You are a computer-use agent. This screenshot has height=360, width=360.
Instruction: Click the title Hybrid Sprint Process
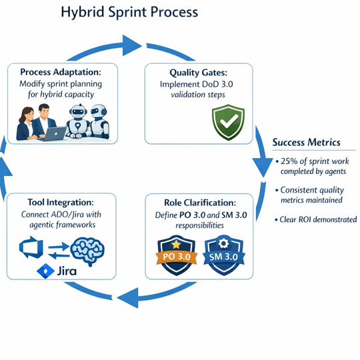tap(129, 13)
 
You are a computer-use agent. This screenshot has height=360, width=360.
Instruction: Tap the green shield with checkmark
tap(228, 122)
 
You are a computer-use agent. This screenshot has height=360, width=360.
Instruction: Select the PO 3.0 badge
tap(176, 255)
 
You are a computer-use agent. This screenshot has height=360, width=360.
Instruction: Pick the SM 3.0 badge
tap(224, 255)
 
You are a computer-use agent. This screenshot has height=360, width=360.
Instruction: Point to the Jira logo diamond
tap(45, 271)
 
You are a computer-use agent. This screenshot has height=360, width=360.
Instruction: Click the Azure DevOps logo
tap(31, 247)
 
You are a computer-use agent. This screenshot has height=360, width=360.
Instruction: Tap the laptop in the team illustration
tap(53, 133)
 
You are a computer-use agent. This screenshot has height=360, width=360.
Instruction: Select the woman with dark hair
tap(26, 123)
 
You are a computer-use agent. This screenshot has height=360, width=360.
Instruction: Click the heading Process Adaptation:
tap(61, 72)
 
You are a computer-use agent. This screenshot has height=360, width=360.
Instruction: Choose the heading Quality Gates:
tap(199, 73)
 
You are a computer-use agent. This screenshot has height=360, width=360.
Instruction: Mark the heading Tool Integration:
tap(61, 202)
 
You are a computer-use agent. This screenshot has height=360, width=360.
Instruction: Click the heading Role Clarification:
tap(200, 203)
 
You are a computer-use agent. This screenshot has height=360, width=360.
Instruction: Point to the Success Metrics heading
tap(306, 143)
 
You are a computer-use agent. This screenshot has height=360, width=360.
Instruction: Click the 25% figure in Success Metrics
tap(289, 161)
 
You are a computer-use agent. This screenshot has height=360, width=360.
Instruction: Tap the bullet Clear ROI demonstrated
tap(316, 220)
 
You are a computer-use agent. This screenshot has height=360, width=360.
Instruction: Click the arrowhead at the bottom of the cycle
tap(128, 297)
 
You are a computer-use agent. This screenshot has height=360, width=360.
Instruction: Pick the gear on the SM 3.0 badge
tap(223, 243)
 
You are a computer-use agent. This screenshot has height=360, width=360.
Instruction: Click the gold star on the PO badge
tap(176, 244)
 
